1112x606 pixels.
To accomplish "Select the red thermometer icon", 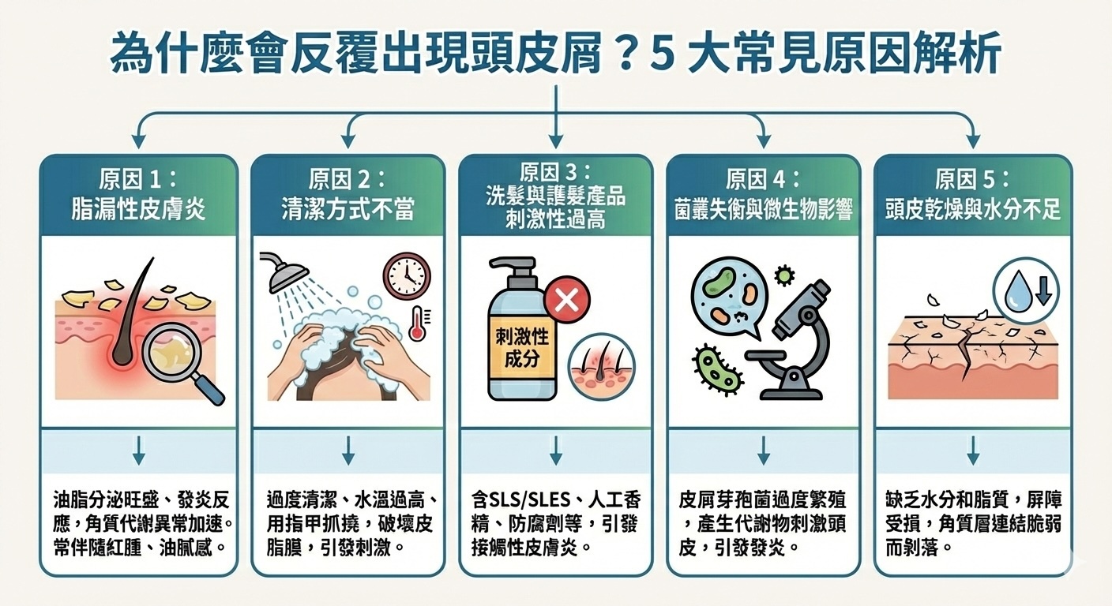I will tap(418, 324).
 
